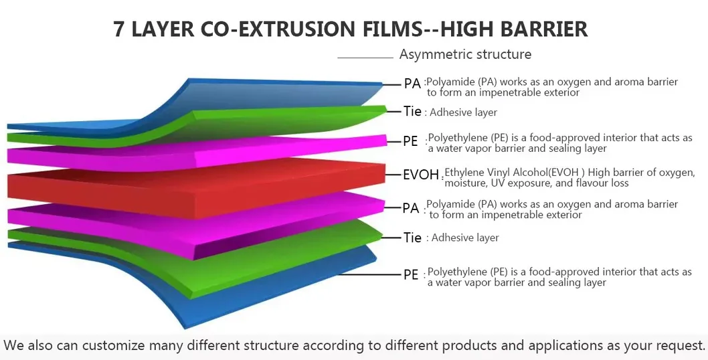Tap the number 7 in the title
[x=120, y=29]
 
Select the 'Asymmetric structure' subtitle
[x=465, y=54]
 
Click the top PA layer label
[x=412, y=84]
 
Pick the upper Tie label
[x=412, y=111]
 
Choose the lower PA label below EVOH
[x=411, y=208]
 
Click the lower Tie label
[x=412, y=238]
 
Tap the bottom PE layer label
[x=411, y=274]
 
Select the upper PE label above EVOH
[x=411, y=141]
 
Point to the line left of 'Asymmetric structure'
[x=365, y=58]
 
